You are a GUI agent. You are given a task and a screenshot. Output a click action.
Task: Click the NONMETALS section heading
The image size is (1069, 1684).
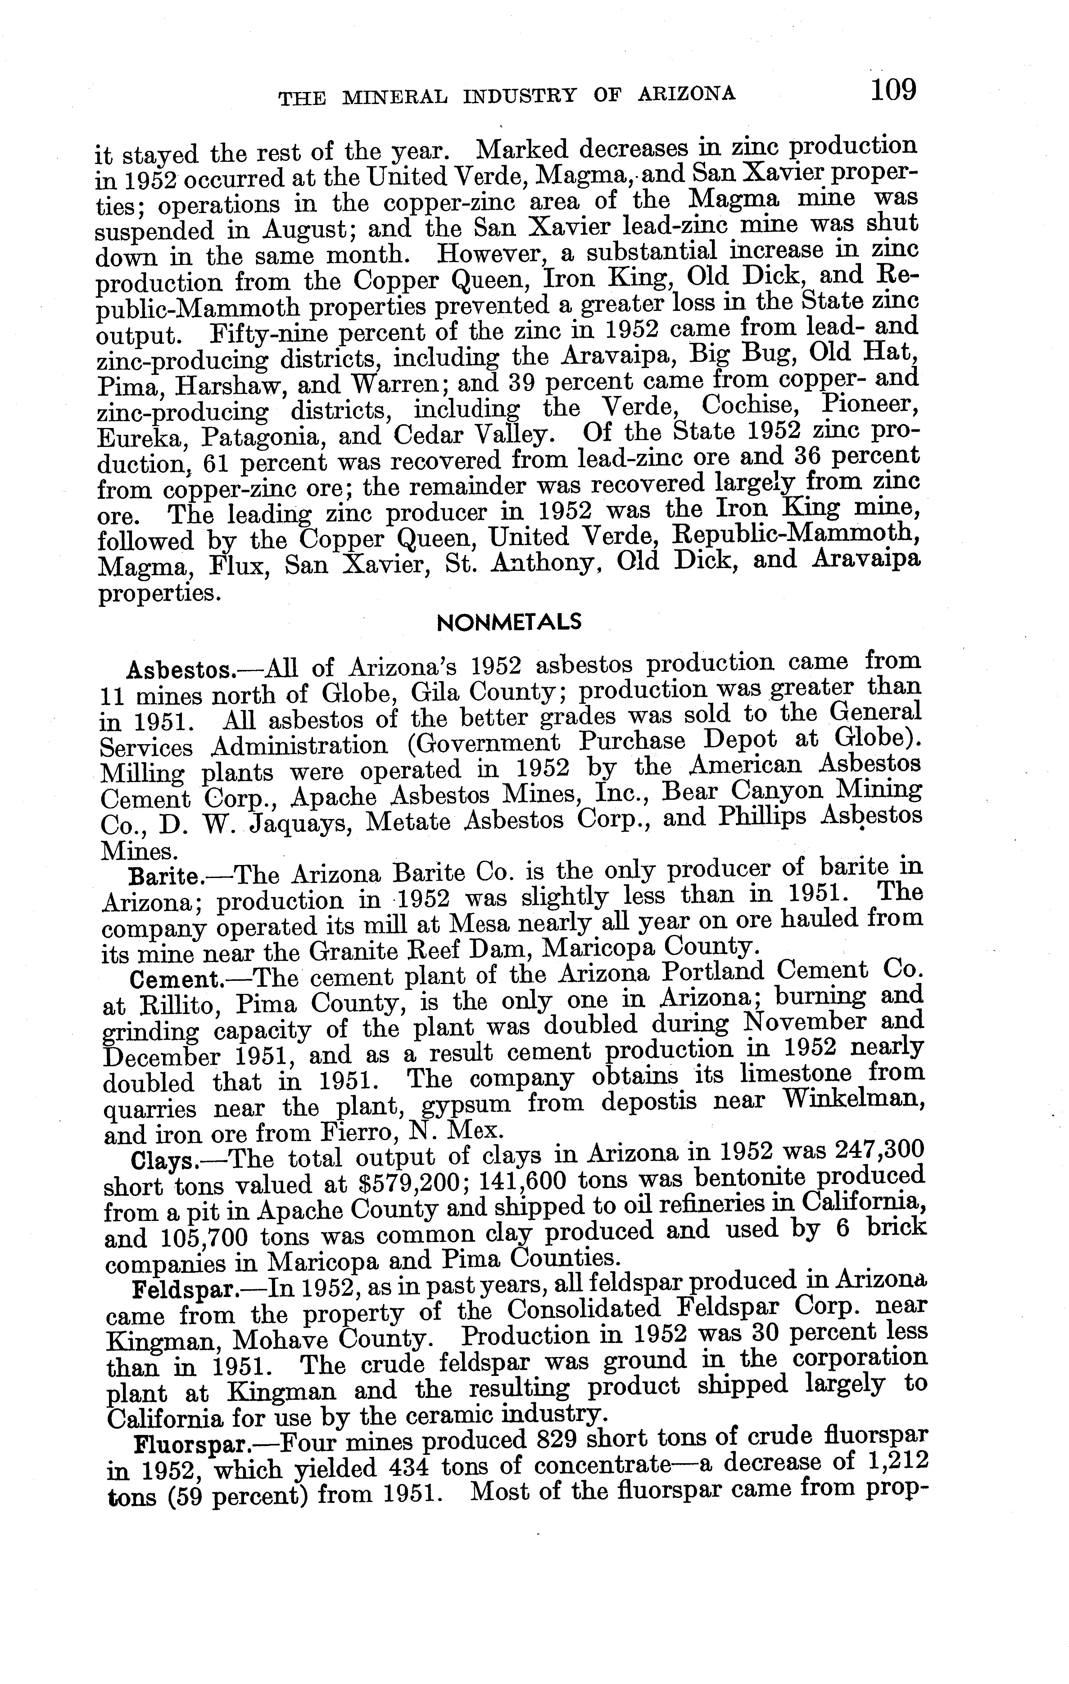pos(508,622)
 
